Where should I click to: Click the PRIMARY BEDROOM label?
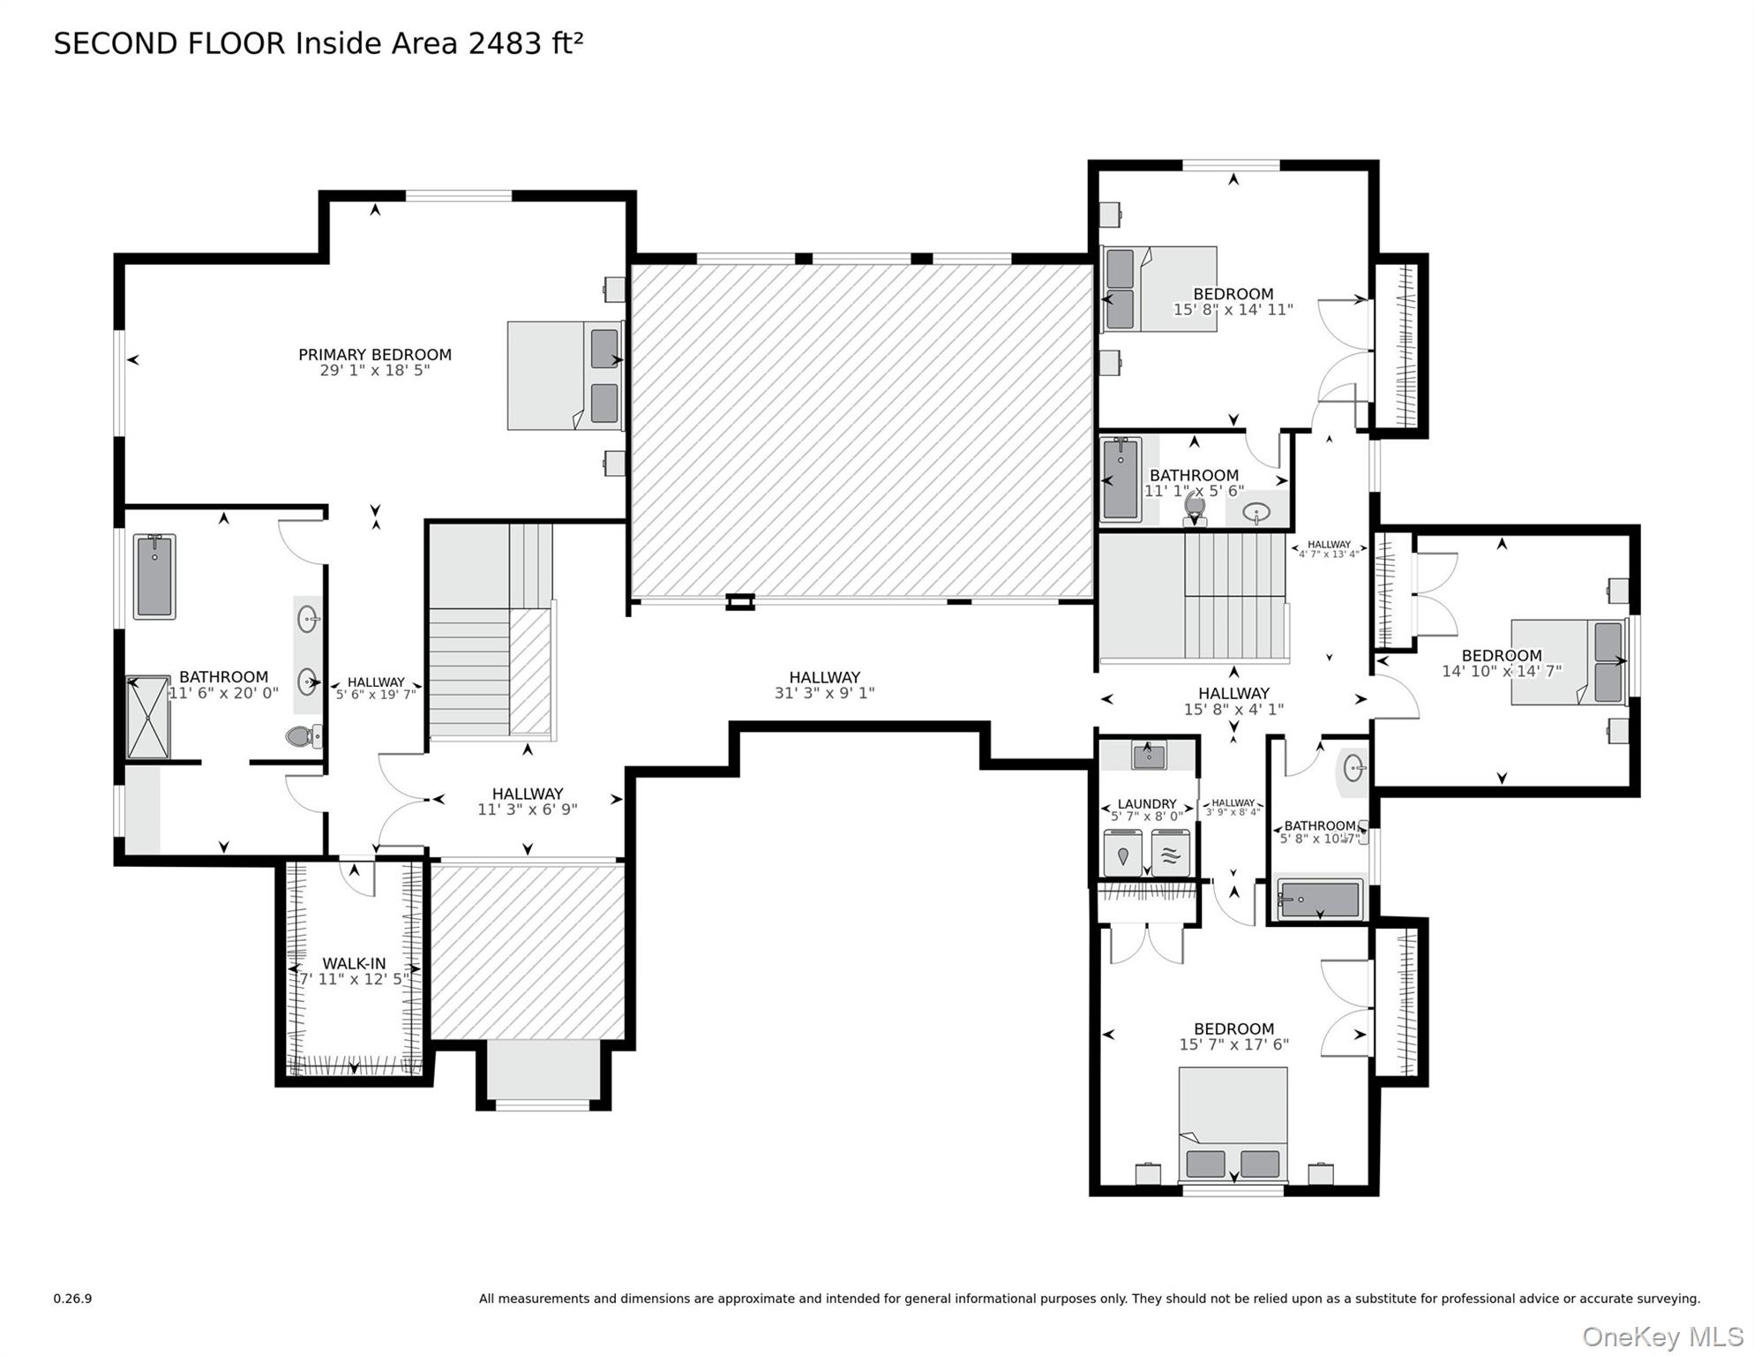click(x=374, y=355)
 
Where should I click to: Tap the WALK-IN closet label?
click(x=354, y=964)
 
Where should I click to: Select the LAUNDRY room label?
click(x=1146, y=804)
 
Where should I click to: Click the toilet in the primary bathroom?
click(x=304, y=735)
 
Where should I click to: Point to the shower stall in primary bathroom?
click(x=147, y=718)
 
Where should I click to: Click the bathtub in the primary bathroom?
click(x=154, y=576)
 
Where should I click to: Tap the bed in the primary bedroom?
click(x=565, y=376)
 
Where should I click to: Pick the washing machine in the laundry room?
click(x=1122, y=854)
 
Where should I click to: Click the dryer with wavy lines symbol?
click(x=1170, y=854)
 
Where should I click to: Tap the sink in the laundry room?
click(x=1149, y=756)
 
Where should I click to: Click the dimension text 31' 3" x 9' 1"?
click(x=824, y=694)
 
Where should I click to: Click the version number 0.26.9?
click(x=72, y=1299)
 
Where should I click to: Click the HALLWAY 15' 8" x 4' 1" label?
click(x=1233, y=694)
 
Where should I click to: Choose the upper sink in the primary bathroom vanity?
click(x=307, y=619)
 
